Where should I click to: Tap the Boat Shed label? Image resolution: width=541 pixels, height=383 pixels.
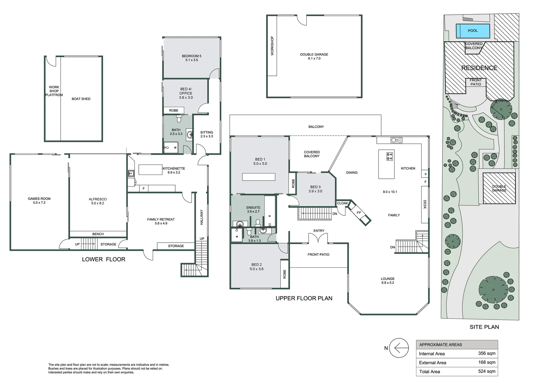coord(81,99)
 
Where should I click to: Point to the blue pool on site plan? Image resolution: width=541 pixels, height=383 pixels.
coord(473,31)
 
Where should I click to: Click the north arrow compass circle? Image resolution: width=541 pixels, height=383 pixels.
coord(399,348)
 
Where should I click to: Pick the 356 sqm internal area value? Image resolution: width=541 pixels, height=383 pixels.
coord(486,354)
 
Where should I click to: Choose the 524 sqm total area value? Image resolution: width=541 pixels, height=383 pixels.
coord(486,371)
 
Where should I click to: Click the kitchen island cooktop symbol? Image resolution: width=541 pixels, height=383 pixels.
coord(389,156)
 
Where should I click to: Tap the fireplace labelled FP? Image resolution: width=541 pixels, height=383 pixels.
coord(359,213)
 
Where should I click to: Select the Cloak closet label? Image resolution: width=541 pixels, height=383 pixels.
coord(342,203)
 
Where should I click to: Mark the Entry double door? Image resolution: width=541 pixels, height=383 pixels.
coord(319,239)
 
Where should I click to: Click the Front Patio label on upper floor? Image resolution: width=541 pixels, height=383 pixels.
coord(318,255)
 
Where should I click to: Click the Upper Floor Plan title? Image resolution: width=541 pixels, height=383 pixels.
coord(304,298)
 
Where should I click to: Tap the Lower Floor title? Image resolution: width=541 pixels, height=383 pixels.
coord(103,259)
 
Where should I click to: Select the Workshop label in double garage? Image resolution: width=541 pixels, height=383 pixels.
coord(272,46)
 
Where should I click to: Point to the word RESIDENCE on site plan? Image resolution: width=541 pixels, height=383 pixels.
coord(479,68)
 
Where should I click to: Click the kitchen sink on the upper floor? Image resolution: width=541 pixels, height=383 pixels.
coord(396,140)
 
